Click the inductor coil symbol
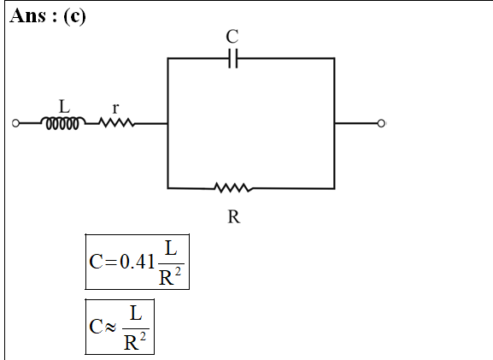point(62,123)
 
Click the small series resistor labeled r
point(117,123)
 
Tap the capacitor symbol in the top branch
point(233,58)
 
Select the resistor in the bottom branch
point(233,188)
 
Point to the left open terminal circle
point(15,123)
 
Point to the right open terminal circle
point(381,123)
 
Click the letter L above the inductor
point(64,106)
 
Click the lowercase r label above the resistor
point(115,109)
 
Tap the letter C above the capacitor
point(232,37)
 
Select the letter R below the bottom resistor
point(233,217)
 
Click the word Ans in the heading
point(28,15)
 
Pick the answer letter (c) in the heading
point(74,16)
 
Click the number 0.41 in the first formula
point(137,262)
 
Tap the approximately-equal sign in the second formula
point(110,328)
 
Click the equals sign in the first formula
point(111,262)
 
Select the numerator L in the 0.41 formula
point(171,248)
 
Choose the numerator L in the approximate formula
point(136,314)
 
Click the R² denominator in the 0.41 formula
point(170,277)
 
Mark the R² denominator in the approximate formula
point(135,342)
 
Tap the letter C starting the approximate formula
point(96,327)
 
